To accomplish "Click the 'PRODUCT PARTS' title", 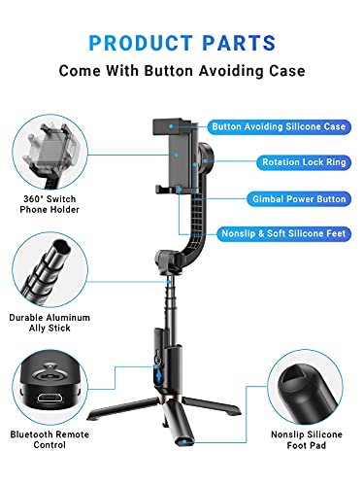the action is coord(182,43).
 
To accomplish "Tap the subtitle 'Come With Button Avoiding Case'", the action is coord(182,71).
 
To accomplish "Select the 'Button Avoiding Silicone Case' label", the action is coord(279,126).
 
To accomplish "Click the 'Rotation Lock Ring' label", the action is coord(304,162).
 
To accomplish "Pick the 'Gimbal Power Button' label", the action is coord(299,199).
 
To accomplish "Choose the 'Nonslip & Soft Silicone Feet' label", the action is coord(283,233).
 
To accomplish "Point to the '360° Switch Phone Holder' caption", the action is coord(50,204).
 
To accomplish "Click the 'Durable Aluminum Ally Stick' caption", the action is coord(50,323).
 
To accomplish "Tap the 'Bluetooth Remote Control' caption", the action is coord(50,439).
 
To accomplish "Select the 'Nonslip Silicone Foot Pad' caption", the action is coord(307,439).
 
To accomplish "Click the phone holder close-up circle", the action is coord(50,153).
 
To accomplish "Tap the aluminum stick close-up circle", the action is coord(50,269).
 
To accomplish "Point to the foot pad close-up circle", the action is coord(305,387).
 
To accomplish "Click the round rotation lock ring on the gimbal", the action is coord(206,159).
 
